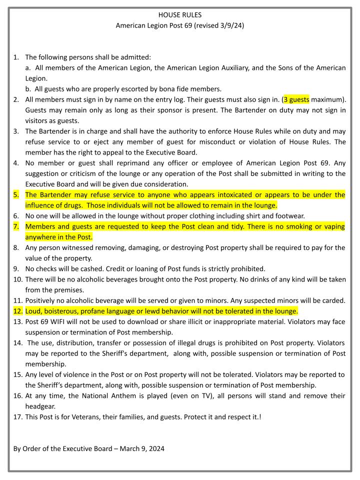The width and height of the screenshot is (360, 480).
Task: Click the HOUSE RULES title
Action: coord(179,14)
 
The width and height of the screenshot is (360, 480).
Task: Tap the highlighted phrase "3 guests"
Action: coord(296,99)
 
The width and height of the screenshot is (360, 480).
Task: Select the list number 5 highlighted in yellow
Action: coord(16,194)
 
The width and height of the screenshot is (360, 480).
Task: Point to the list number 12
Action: coord(17,310)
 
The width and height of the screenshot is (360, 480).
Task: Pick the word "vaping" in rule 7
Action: coord(333,226)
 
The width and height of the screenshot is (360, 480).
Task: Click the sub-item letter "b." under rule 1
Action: coord(29,89)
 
